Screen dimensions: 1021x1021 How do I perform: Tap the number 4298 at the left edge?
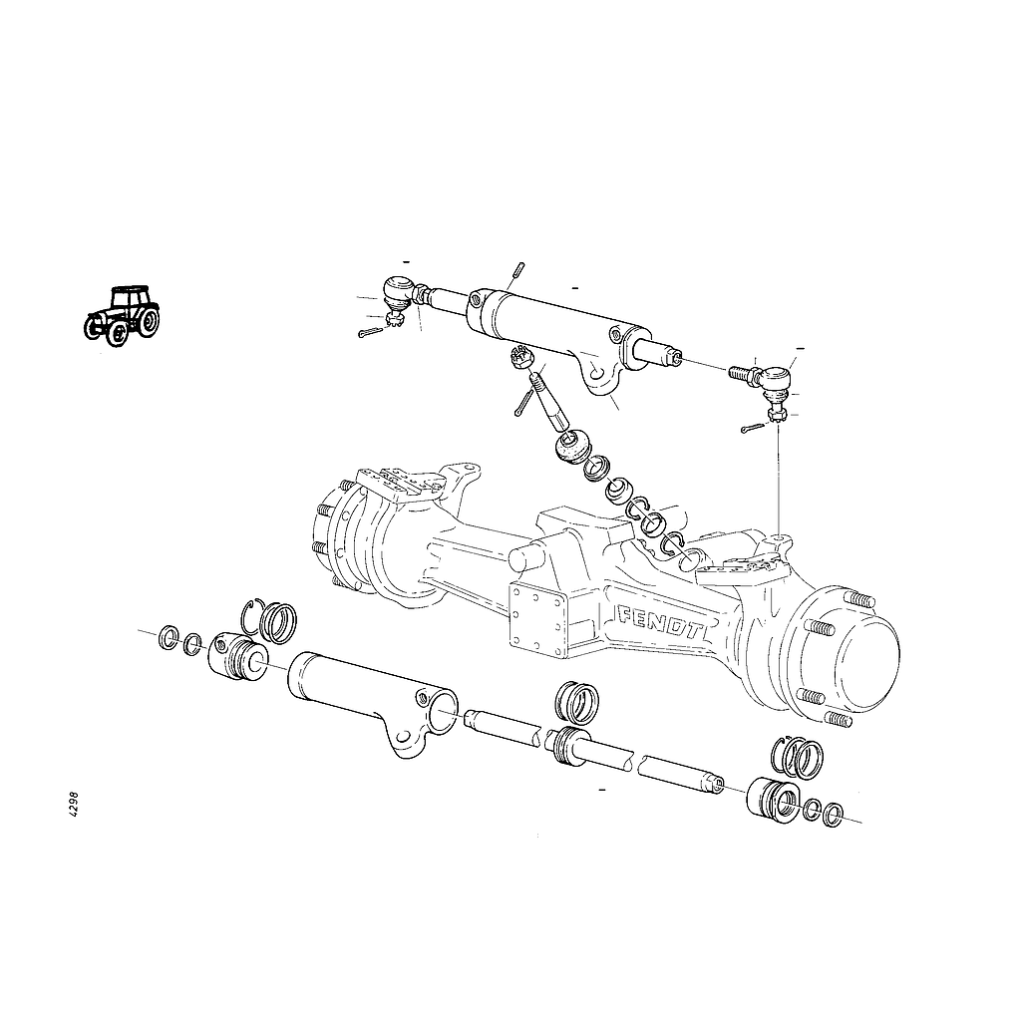click(74, 805)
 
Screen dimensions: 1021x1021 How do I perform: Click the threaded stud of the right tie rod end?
click(739, 373)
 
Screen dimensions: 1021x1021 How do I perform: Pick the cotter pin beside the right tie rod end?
click(753, 428)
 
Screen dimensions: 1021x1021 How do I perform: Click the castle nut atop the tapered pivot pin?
click(520, 358)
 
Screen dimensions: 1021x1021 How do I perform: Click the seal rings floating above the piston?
click(577, 702)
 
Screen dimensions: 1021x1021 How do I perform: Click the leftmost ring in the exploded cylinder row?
click(170, 637)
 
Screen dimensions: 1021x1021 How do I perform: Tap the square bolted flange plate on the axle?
click(537, 622)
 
